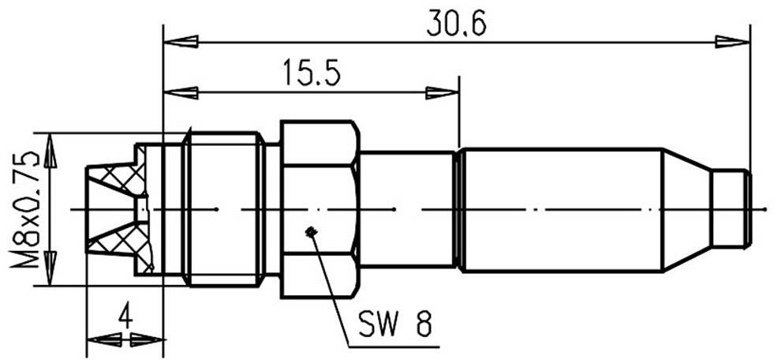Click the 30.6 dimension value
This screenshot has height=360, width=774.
[x=456, y=24]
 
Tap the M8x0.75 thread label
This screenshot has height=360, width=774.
[x=30, y=209]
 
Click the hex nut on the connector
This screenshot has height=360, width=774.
[x=320, y=210]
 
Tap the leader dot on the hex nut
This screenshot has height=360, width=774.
[x=312, y=232]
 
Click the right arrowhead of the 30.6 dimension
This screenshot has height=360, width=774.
[x=732, y=41]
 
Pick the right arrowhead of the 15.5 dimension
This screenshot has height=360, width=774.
[x=442, y=93]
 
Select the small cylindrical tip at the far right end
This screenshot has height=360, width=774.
[x=731, y=209]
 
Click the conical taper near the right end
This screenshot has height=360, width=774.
[x=686, y=209]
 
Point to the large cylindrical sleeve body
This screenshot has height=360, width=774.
[x=560, y=209]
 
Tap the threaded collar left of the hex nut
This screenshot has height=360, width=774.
[x=222, y=209]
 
